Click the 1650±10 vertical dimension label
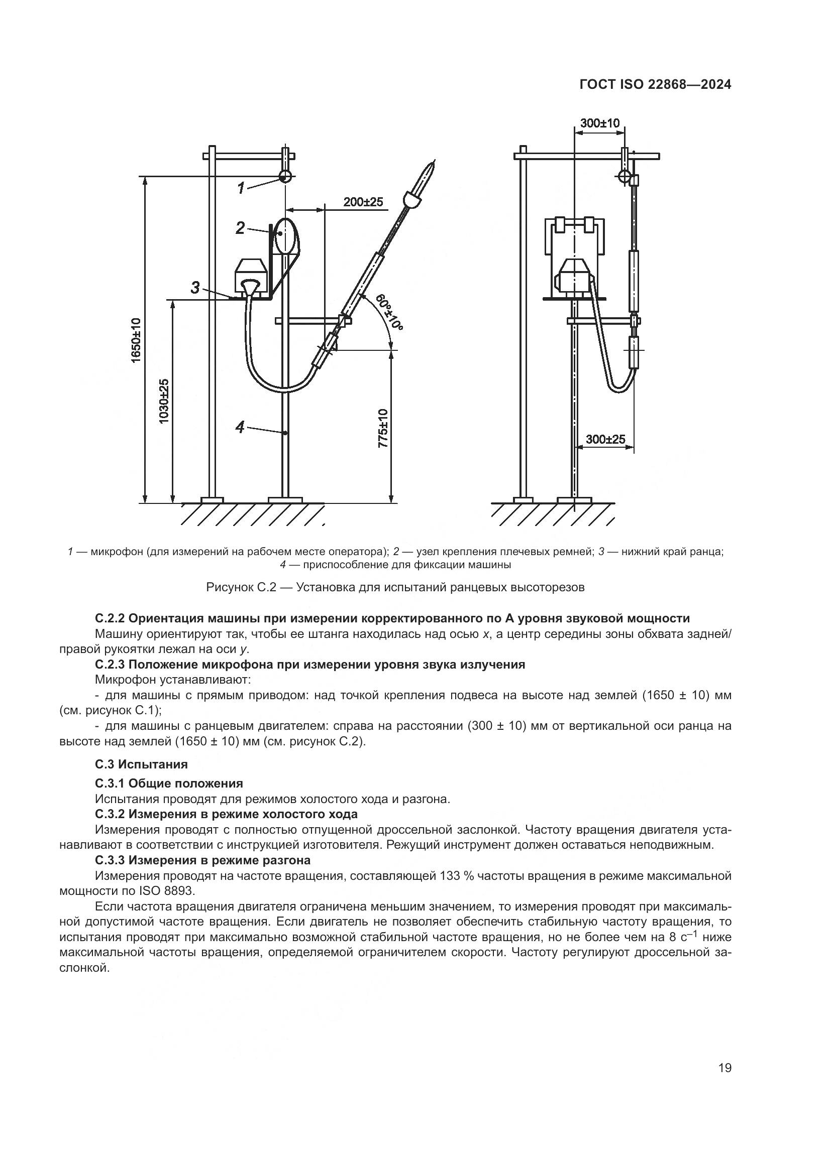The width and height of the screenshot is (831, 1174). pos(136,340)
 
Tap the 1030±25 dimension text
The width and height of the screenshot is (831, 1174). pos(164,401)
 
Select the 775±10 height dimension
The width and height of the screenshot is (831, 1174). pos(383,429)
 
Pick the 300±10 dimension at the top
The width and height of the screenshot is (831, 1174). pos(600,123)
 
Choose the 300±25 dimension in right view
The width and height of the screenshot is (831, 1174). pos(605,439)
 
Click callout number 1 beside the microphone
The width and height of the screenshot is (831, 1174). pos(241,188)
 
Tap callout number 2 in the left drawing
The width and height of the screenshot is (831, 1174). pos(241,228)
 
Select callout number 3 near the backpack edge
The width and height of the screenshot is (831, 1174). pos(195,288)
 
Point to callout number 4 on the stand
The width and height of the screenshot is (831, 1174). pos(241,427)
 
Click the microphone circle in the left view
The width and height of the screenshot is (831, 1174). pos(285,176)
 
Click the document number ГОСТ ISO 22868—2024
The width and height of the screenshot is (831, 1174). pos(655,85)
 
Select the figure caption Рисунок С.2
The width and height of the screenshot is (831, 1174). pos(394,587)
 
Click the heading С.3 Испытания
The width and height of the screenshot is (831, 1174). pos(141,764)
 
